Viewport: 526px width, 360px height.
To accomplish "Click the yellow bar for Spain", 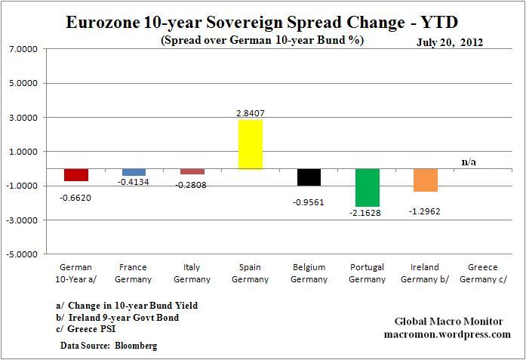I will click(x=251, y=144).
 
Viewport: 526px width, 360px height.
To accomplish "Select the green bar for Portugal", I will click(x=368, y=187).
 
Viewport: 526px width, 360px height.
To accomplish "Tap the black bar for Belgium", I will click(x=309, y=177).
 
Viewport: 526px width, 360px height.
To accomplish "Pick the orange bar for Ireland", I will click(x=425, y=180).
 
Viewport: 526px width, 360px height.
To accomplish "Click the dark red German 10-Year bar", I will click(x=76, y=174).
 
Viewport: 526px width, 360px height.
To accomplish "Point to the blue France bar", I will click(x=134, y=172).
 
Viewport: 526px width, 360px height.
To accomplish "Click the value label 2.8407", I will click(x=251, y=113).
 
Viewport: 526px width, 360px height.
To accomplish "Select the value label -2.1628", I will click(x=368, y=214).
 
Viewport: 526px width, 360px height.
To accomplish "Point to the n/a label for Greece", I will click(x=469, y=162).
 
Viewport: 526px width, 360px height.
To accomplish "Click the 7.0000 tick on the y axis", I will click(x=25, y=49).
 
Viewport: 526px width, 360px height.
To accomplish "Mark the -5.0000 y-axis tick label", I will click(x=24, y=254).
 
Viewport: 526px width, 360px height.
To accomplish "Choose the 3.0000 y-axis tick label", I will click(x=25, y=118).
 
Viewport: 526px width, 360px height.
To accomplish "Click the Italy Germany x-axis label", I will click(x=192, y=273).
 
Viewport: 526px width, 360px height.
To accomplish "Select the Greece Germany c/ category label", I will click(x=483, y=273).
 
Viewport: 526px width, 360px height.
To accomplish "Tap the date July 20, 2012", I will click(x=451, y=42).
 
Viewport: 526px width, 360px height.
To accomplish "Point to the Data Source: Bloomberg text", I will click(x=110, y=345).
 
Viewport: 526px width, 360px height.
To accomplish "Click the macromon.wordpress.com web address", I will click(x=446, y=334).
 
